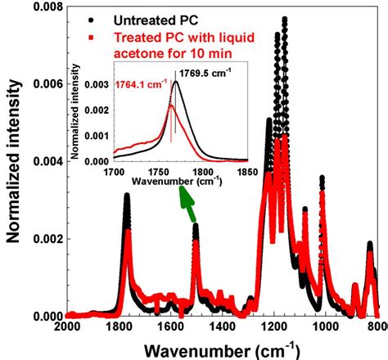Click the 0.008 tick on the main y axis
[x=44, y=7]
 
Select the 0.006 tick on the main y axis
[x=44, y=84]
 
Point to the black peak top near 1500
[x=196, y=226]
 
